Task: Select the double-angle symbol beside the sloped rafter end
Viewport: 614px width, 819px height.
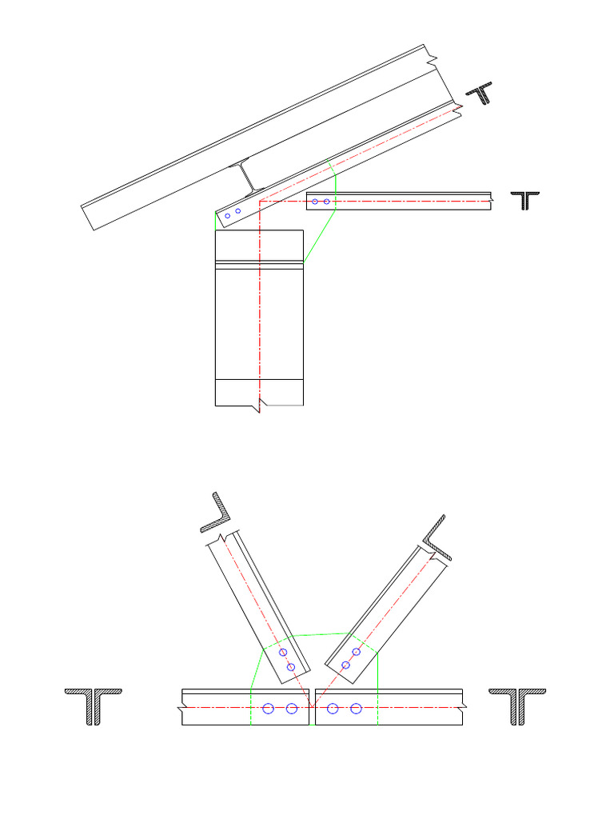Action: (x=481, y=94)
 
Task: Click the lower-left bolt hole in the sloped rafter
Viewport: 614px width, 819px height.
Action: (x=228, y=216)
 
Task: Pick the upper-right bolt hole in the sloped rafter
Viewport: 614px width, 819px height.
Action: (x=238, y=211)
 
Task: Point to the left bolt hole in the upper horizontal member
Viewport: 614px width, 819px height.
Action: (x=316, y=202)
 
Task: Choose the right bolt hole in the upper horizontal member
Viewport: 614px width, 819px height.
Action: (x=327, y=202)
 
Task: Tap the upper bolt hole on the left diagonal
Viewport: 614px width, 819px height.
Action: (x=283, y=653)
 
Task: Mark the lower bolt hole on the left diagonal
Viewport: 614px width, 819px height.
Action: (x=291, y=667)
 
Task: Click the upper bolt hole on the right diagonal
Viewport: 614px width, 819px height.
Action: (x=357, y=652)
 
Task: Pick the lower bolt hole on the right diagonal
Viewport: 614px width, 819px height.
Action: (x=346, y=665)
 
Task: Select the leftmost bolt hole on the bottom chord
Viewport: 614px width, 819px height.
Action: (x=269, y=709)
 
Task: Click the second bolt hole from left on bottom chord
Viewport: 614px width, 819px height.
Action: (x=292, y=709)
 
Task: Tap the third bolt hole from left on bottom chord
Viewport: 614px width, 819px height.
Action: (x=333, y=709)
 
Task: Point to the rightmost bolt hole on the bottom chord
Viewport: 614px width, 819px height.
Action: (x=357, y=709)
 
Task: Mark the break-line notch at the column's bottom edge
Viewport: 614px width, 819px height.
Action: (x=258, y=409)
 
